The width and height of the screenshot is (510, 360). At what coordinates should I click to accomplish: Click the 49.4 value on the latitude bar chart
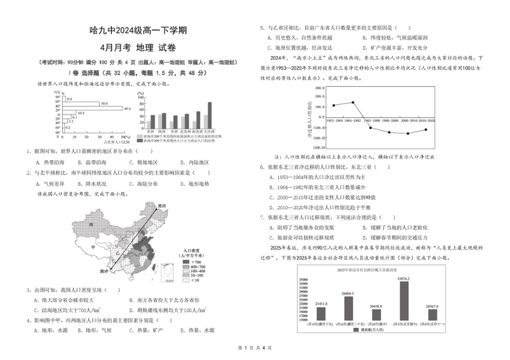[x=127, y=109]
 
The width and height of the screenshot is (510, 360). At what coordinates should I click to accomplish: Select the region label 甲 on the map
[x=93, y=247]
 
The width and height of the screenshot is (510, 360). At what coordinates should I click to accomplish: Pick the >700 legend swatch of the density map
[x=187, y=263]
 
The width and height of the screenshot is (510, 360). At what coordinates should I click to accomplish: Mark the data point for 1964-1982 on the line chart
[x=353, y=102]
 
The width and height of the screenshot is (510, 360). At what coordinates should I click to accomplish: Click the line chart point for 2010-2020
[x=426, y=129]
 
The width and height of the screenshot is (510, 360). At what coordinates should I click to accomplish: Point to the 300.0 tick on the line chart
[x=319, y=88]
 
